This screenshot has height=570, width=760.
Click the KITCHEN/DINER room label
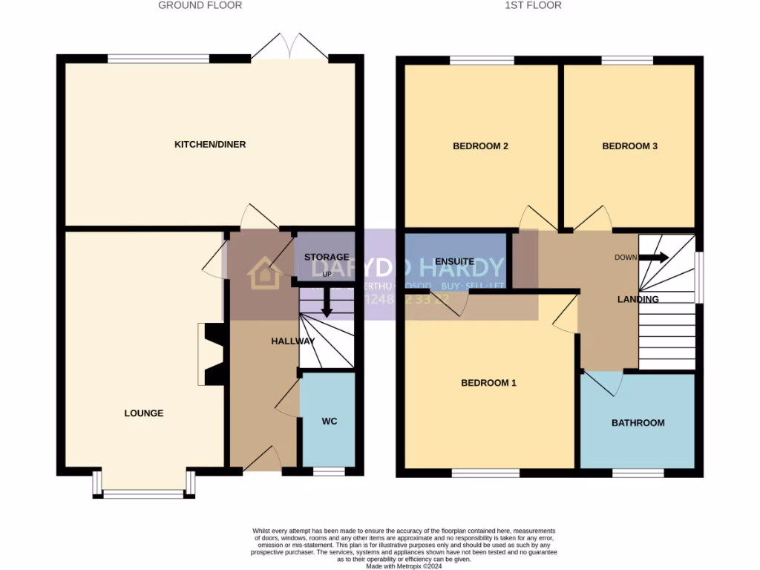209,144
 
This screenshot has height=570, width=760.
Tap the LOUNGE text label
143,413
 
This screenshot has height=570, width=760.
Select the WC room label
330,422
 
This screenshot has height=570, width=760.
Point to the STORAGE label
327,258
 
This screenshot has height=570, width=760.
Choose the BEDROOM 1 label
488,383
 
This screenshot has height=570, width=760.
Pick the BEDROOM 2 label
480,146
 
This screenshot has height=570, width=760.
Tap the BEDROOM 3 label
629,146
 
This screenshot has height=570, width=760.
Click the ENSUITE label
455,262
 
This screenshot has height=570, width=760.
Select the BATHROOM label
638,423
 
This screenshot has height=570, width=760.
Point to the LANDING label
638,300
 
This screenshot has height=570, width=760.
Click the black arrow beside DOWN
653,258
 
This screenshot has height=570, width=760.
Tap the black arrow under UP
327,307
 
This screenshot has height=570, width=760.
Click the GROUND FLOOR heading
200,5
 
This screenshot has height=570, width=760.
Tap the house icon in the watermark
264,273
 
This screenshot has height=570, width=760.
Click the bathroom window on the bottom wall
638,473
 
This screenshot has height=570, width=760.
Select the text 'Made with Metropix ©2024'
404,566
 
